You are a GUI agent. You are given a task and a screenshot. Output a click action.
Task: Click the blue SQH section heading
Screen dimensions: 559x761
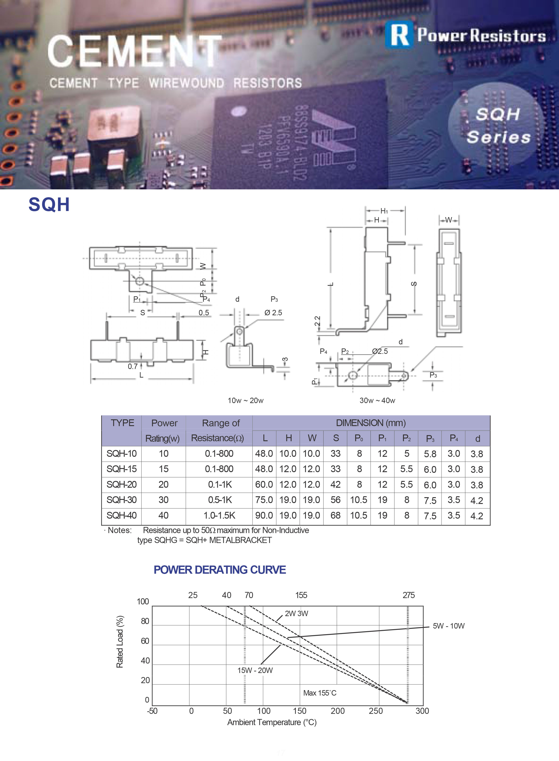tap(49, 204)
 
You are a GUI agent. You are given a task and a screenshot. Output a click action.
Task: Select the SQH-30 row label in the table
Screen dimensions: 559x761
tap(122, 500)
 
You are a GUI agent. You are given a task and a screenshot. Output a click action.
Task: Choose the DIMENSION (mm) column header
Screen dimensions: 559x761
tap(371, 423)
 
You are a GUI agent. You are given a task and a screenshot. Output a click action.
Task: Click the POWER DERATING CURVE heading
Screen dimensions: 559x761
tap(220, 570)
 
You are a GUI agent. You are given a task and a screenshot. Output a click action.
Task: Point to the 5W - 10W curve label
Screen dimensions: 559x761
tap(449, 626)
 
